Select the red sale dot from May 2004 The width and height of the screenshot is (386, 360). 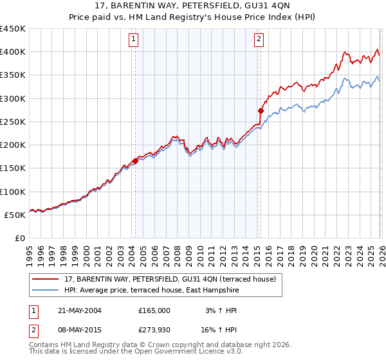135,161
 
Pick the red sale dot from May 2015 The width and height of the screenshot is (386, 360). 261,111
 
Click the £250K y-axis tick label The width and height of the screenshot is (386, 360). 13,122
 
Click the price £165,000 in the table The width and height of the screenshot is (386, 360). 154,310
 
